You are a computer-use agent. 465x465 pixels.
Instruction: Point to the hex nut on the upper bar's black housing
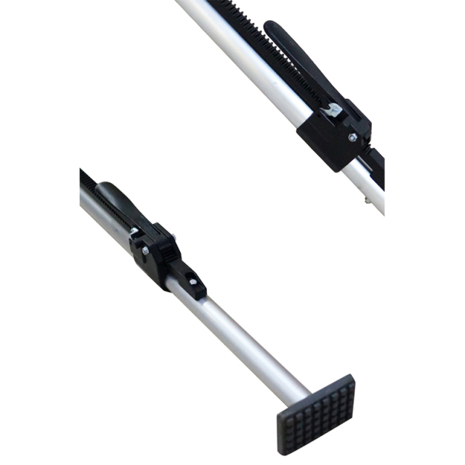(352, 137)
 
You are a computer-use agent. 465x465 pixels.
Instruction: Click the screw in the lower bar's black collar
(193, 280)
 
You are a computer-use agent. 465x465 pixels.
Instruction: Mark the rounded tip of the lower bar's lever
(104, 188)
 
